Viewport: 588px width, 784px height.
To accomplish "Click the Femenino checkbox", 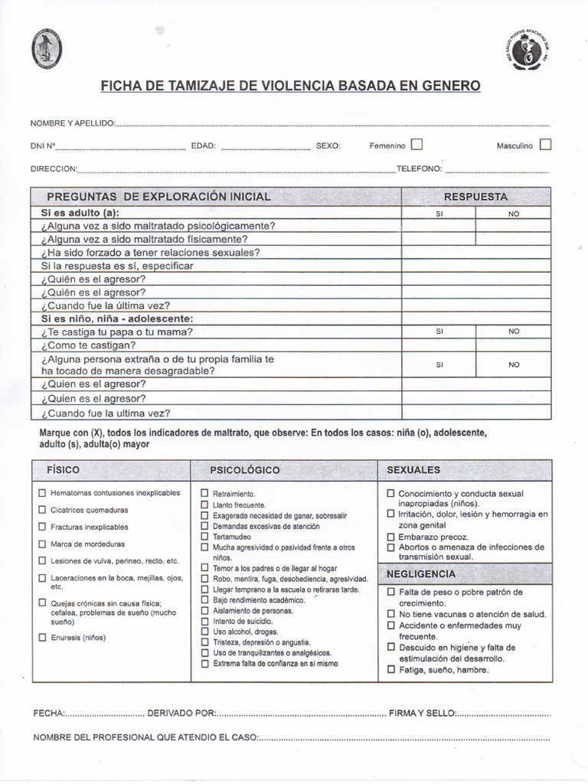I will tap(416, 144).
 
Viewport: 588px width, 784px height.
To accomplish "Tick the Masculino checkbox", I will tap(545, 144).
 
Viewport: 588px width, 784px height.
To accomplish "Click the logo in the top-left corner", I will tap(47, 50).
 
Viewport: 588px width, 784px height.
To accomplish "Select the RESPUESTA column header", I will tap(475, 197).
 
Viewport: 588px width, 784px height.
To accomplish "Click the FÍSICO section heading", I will tap(63, 469).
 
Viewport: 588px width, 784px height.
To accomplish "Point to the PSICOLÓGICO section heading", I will tap(245, 469).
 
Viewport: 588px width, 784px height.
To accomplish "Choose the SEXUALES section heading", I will tap(413, 469).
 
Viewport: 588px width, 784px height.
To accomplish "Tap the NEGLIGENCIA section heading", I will tap(421, 573).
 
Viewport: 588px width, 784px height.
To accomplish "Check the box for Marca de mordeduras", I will tap(43, 544).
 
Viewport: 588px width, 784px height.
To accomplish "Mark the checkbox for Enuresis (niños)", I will tap(43, 637).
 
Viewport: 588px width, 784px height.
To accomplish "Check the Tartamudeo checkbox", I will tap(204, 537).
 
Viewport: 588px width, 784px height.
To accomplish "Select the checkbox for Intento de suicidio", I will tap(204, 621).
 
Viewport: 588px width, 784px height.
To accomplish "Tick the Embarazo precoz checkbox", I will tap(391, 537).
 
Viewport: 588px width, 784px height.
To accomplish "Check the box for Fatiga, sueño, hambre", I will tap(391, 670).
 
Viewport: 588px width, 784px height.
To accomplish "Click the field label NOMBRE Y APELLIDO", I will tap(72, 123).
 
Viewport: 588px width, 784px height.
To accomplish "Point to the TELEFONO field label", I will tap(419, 168).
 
